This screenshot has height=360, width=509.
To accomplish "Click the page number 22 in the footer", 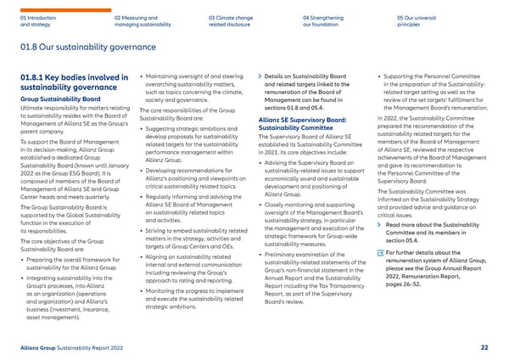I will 484,346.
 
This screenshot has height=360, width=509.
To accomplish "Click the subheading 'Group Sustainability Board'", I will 56,99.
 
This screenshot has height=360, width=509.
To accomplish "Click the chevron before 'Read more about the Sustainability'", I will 378,200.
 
